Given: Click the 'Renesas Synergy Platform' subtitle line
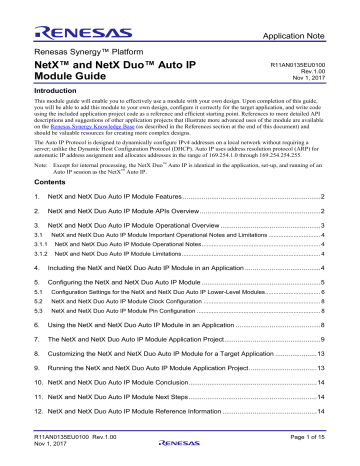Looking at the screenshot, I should (x=69, y=47).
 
